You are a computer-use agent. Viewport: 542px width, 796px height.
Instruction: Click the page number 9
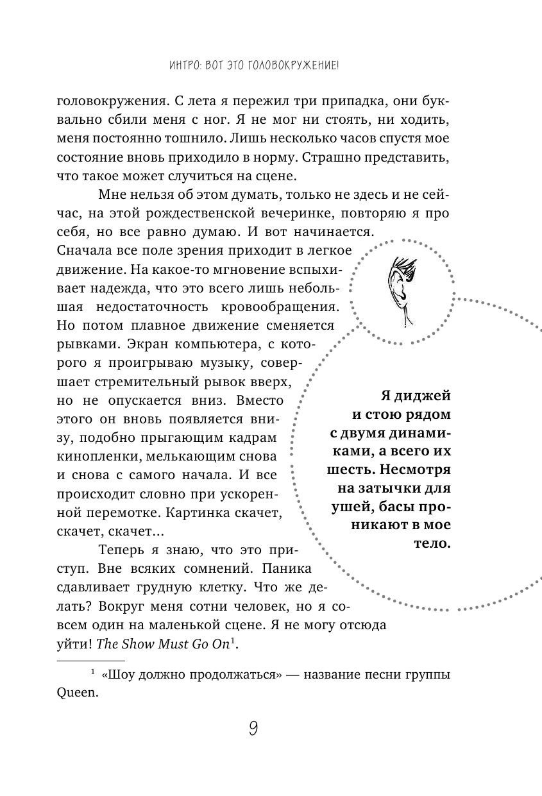tap(253, 729)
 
